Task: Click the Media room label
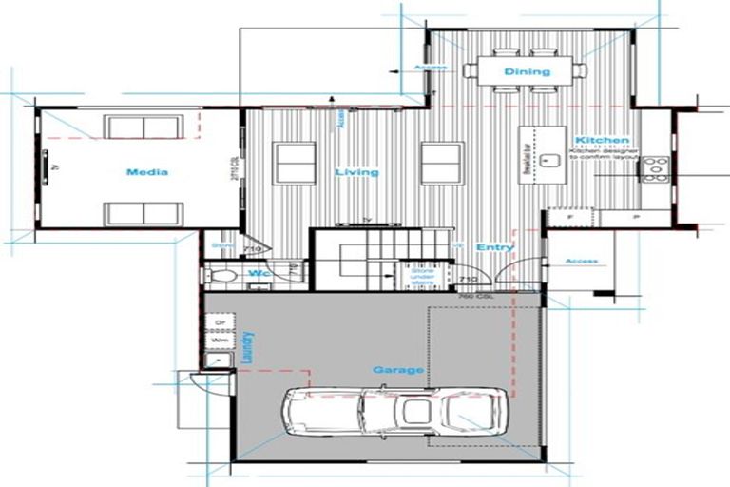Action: pos(146,172)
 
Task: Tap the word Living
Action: pos(356,172)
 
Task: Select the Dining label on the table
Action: pos(527,71)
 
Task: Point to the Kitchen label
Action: pos(602,140)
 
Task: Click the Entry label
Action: pos(495,247)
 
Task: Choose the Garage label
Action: pos(398,369)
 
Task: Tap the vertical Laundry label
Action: pos(247,346)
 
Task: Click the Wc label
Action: pos(257,274)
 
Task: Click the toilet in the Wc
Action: pos(222,276)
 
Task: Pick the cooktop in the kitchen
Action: pos(654,169)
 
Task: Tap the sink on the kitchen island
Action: pos(548,159)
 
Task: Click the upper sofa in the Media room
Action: pos(144,127)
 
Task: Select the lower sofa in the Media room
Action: pos(144,213)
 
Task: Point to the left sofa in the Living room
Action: pos(295,163)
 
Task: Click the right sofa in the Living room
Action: pos(442,163)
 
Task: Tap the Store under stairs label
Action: pos(422,276)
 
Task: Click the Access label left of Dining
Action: pos(431,68)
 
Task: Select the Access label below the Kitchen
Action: pos(581,261)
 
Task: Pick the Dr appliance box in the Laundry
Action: pos(219,323)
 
